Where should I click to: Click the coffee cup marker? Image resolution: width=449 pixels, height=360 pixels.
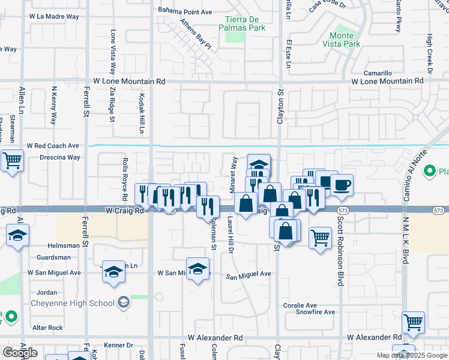point(342,184)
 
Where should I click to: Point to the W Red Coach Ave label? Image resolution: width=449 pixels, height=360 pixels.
point(53,146)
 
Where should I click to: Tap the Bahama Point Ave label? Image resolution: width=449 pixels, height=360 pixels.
point(185,11)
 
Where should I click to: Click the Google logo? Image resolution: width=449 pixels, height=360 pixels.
point(20,353)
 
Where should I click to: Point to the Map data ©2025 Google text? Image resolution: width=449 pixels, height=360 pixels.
point(411,355)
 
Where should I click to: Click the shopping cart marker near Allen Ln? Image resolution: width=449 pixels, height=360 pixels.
point(12,161)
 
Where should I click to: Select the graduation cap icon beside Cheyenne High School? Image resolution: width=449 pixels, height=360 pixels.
point(123,302)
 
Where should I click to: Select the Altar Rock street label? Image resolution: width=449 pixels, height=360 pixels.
point(47,328)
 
